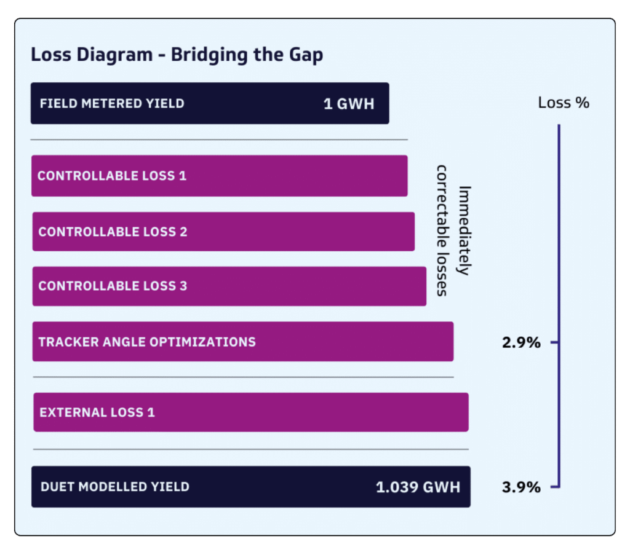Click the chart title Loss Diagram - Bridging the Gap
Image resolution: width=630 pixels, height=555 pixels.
pyautogui.click(x=177, y=55)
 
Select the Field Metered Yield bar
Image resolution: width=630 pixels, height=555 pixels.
pyautogui.click(x=209, y=103)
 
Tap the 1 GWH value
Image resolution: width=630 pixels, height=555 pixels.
pyautogui.click(x=349, y=103)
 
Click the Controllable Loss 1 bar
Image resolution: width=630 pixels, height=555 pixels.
pyautogui.click(x=219, y=176)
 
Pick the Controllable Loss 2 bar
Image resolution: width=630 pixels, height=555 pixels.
pyautogui.click(x=223, y=232)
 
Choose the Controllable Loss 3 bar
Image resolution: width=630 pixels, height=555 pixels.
pyautogui.click(x=229, y=286)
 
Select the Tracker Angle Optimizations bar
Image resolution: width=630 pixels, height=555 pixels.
pyautogui.click(x=242, y=342)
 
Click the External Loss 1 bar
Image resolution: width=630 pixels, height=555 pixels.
pyautogui.click(x=250, y=412)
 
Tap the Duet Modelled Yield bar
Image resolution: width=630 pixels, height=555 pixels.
pyautogui.click(x=250, y=487)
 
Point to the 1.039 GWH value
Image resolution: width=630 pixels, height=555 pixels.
pyautogui.click(x=418, y=487)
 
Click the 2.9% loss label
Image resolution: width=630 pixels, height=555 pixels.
pyautogui.click(x=521, y=342)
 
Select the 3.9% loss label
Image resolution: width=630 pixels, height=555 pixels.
pyautogui.click(x=521, y=487)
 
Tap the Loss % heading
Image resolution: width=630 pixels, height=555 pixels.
pyautogui.click(x=564, y=103)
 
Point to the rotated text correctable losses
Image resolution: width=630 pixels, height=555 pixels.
pyautogui.click(x=441, y=230)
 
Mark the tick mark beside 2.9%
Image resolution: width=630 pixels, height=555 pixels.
pyautogui.click(x=554, y=342)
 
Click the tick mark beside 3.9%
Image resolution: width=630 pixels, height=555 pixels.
pyautogui.click(x=554, y=487)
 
